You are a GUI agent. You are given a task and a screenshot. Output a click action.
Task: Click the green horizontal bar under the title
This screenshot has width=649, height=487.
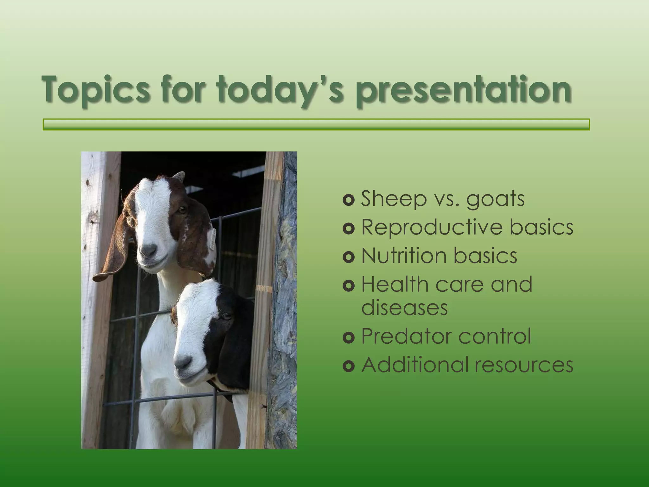[x=316, y=125]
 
